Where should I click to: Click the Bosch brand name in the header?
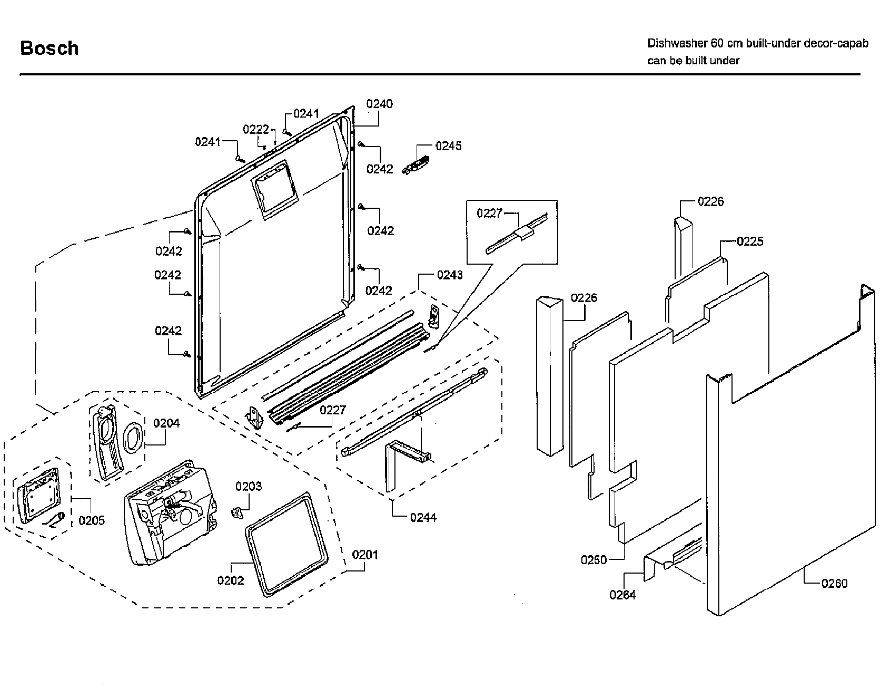pyautogui.click(x=50, y=48)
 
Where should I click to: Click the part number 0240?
pyautogui.click(x=380, y=104)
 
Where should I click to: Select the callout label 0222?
pyautogui.click(x=256, y=130)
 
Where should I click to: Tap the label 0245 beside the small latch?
pyautogui.click(x=448, y=146)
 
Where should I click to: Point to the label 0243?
pyautogui.click(x=450, y=275)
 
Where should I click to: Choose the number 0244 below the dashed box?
pyautogui.click(x=423, y=518)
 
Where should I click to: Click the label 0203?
pyautogui.click(x=249, y=486)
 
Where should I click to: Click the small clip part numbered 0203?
pyautogui.click(x=238, y=511)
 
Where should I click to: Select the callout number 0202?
pyautogui.click(x=231, y=580)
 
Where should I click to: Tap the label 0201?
pyautogui.click(x=365, y=555)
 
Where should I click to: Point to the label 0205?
pyautogui.click(x=92, y=520)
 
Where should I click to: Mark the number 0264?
pyautogui.click(x=622, y=595)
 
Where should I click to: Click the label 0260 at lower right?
pyautogui.click(x=834, y=583)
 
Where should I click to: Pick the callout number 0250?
pyautogui.click(x=594, y=560)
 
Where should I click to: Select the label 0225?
pyautogui.click(x=750, y=241)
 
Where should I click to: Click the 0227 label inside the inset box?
pyautogui.click(x=490, y=213)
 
